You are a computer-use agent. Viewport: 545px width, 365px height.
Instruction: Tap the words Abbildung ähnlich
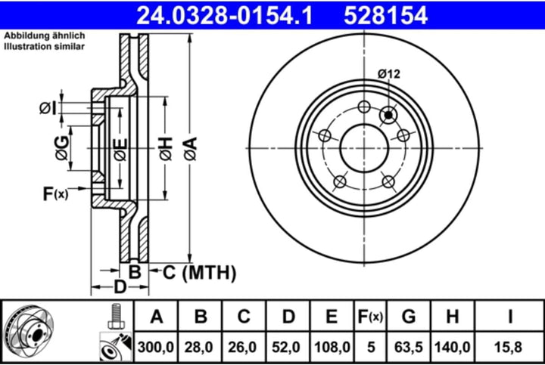pyautogui.click(x=44, y=36)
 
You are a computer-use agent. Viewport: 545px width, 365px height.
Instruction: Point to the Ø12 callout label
pyautogui.click(x=388, y=73)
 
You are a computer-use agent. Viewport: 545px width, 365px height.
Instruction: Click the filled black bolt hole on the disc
pyautogui.click(x=389, y=115)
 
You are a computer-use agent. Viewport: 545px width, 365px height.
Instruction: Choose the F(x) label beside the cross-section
pyautogui.click(x=55, y=194)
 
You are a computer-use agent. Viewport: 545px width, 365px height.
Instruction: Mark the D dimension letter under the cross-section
pyautogui.click(x=119, y=286)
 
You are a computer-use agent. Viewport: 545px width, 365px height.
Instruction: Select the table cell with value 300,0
pyautogui.click(x=157, y=348)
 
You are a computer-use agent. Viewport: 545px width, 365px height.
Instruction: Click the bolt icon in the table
pyautogui.click(x=115, y=316)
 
